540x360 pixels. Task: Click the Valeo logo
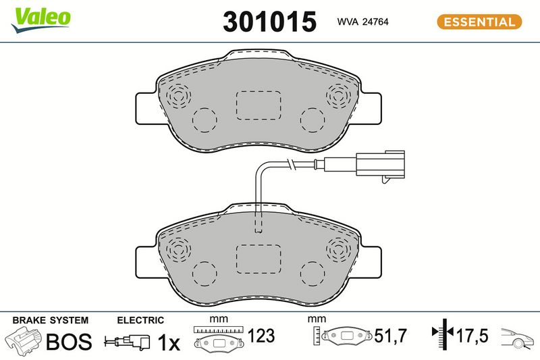point(40,20)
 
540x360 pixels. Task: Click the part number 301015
point(269,22)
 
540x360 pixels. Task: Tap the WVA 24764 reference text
point(362,22)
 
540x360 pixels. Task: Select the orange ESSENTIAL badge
point(479,22)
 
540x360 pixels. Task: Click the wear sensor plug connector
point(381,165)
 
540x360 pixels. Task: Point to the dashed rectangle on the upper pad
point(259,105)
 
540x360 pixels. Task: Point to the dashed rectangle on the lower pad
point(259,259)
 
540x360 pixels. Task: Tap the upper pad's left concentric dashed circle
point(178,95)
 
